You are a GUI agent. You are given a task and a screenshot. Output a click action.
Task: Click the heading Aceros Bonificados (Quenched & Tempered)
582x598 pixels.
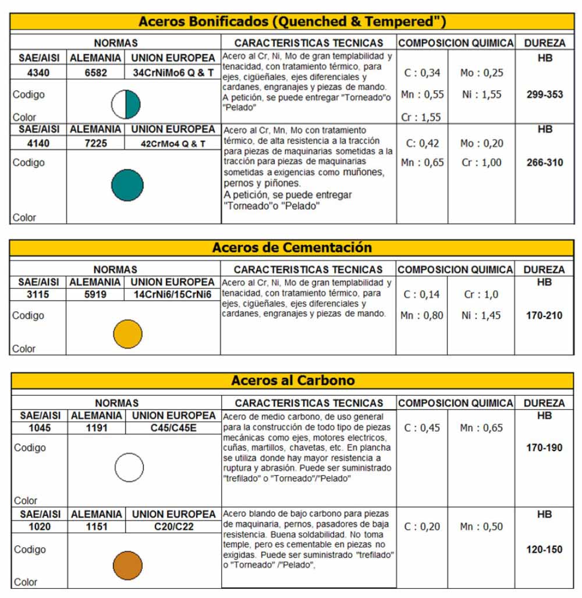292,22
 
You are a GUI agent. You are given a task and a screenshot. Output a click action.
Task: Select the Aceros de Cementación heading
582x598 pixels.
292,247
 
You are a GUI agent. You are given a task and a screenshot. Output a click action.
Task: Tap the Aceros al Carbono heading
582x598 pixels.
293,381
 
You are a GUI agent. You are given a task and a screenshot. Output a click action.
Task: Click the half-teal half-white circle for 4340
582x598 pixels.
126,105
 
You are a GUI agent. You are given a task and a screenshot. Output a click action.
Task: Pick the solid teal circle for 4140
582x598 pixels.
127,185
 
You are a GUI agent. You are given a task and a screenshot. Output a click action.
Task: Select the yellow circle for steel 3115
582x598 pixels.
127,334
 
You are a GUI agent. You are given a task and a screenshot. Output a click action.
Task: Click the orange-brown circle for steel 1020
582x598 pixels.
127,565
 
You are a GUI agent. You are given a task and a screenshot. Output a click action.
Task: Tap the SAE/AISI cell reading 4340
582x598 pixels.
39,73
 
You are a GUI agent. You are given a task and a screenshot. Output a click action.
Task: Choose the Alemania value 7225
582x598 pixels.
95,143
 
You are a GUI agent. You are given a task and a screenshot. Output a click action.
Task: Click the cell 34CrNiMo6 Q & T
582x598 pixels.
173,73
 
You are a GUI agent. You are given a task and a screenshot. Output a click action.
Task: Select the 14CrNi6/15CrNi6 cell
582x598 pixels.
173,294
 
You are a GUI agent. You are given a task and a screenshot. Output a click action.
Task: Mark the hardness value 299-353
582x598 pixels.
544,94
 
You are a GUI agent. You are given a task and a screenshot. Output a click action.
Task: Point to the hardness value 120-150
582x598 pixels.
544,550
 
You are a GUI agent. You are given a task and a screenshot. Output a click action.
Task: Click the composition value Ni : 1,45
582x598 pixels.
481,315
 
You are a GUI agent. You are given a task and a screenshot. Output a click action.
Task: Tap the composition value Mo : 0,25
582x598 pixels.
481,73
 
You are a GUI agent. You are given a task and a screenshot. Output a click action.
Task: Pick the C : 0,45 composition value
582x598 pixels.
422,428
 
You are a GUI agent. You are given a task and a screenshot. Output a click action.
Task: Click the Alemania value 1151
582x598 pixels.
95,527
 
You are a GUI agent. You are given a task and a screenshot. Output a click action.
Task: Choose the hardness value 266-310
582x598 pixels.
544,163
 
